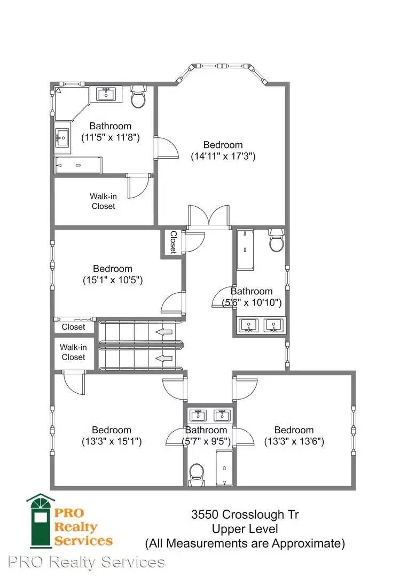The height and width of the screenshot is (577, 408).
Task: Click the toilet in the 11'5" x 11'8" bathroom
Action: [x=138, y=96]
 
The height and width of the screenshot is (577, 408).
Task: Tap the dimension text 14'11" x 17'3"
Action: [x=223, y=156]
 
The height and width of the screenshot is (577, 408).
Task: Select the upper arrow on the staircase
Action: [x=164, y=332]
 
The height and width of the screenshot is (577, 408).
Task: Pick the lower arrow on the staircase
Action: [x=164, y=358]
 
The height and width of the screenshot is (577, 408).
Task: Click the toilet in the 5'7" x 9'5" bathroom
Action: [x=197, y=475]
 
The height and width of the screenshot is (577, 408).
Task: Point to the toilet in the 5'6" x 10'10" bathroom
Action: [x=276, y=240]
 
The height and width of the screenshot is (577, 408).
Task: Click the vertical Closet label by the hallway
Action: [x=173, y=242]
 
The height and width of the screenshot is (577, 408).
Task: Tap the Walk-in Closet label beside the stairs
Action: [x=73, y=352]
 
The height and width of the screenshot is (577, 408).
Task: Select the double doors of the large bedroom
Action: [x=209, y=217]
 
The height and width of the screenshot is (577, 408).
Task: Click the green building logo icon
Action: [x=40, y=520]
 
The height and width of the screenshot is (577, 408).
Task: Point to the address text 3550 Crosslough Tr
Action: [x=245, y=514]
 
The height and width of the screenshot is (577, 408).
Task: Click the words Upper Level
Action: [x=245, y=529]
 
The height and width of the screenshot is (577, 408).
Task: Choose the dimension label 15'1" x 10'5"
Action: [x=113, y=280]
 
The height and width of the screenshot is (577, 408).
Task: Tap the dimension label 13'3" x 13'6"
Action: [x=294, y=441]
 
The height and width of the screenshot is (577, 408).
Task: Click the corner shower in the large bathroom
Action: [x=70, y=103]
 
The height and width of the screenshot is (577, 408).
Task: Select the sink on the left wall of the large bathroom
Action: [x=62, y=138]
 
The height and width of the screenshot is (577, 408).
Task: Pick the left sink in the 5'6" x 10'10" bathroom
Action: [x=248, y=326]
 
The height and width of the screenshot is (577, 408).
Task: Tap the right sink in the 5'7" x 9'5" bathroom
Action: [x=222, y=416]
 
